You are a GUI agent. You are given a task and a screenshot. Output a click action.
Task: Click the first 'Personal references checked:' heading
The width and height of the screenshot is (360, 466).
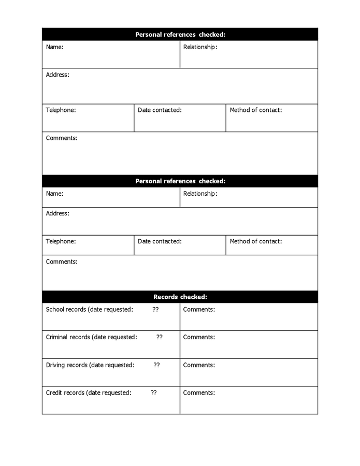(180, 35)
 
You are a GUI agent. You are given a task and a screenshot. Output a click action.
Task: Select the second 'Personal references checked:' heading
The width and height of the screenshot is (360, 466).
(180, 181)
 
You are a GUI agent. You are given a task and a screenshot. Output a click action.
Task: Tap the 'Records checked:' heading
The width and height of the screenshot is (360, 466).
(180, 297)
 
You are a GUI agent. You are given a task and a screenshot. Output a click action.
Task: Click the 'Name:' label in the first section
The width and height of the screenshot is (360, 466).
(54, 47)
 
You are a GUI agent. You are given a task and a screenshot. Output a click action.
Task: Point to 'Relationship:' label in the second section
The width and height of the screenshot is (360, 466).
(200, 194)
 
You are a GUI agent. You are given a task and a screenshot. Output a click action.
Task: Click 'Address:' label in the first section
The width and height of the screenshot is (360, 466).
(57, 75)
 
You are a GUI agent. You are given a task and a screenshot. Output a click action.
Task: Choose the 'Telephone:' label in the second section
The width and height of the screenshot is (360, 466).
(61, 241)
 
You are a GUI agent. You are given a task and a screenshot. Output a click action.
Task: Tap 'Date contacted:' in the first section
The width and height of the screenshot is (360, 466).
(160, 110)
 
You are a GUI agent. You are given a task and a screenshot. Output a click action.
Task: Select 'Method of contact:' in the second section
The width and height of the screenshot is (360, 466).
(256, 241)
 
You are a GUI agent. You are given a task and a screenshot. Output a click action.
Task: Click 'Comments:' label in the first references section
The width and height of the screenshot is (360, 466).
(62, 138)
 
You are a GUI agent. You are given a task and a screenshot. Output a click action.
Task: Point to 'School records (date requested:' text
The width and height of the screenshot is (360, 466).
(90, 310)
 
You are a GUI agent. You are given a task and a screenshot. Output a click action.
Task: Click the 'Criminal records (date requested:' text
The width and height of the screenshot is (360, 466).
(92, 337)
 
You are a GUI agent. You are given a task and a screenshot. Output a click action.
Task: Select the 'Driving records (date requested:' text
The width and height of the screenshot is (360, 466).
(90, 365)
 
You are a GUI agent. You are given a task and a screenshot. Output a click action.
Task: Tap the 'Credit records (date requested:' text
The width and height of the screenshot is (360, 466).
(89, 393)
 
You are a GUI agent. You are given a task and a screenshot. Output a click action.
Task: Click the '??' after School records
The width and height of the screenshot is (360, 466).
(155, 310)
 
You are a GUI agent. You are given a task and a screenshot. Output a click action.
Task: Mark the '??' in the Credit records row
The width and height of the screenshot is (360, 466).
(154, 393)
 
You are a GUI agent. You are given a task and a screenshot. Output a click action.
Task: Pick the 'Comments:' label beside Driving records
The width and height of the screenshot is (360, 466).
(199, 365)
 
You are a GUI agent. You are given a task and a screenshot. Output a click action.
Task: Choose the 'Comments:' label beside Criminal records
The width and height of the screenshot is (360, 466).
(199, 337)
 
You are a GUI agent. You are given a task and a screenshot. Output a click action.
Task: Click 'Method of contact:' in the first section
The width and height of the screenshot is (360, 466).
(256, 110)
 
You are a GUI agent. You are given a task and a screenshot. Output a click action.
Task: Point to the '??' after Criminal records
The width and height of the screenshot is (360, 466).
(160, 337)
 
